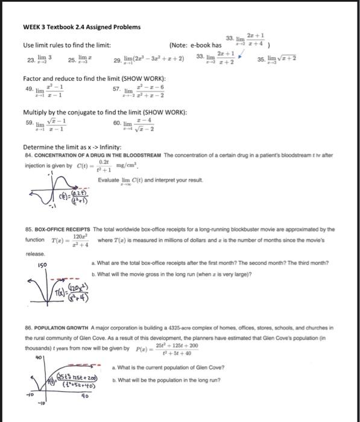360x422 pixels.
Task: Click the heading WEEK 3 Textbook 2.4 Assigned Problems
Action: tap(81, 27)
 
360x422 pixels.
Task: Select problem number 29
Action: tap(117, 61)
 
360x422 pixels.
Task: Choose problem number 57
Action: tap(116, 89)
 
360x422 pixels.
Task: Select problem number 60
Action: tap(117, 122)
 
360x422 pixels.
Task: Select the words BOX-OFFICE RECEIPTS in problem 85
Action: tap(65, 230)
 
